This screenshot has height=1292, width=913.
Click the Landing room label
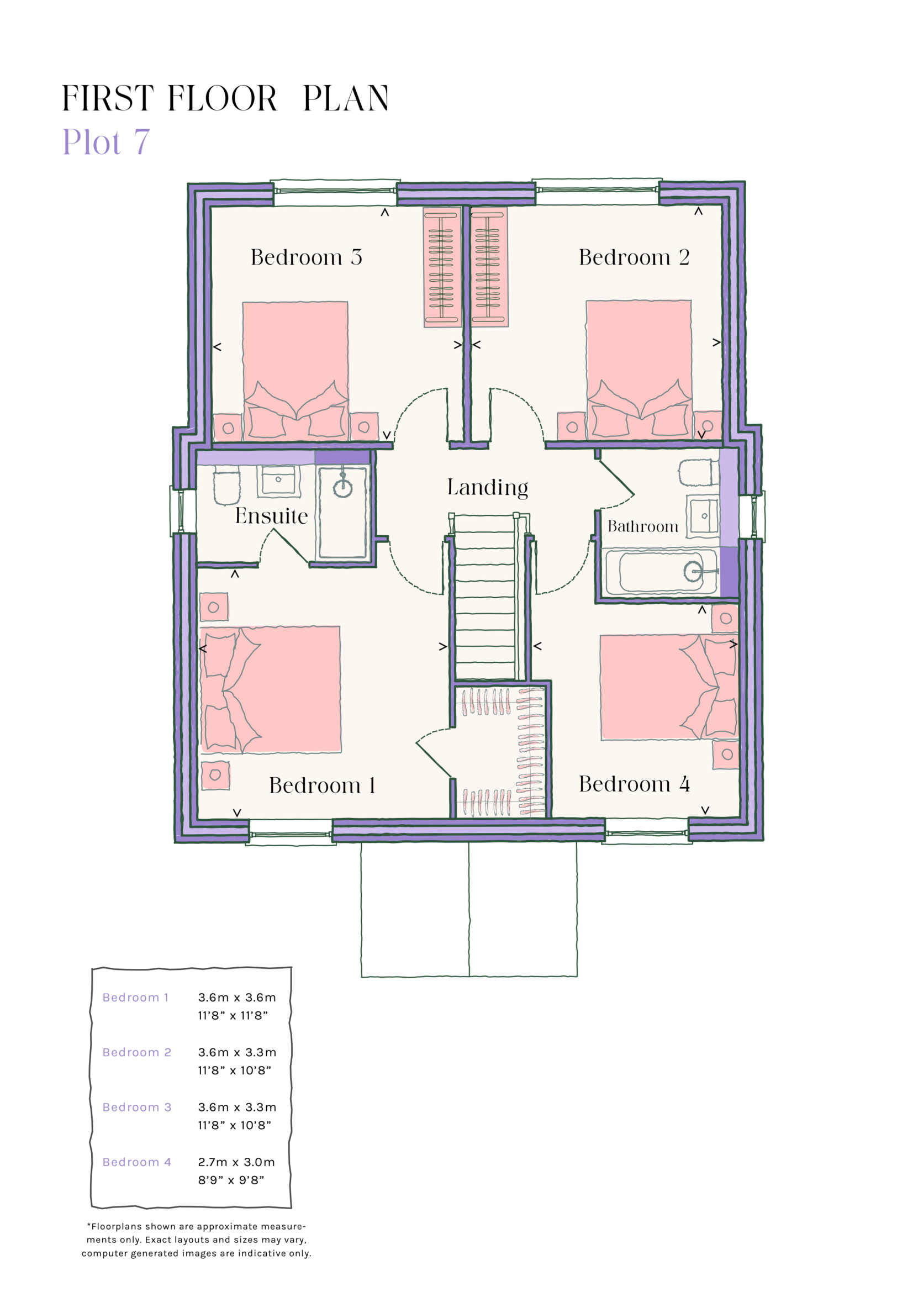pos(487,487)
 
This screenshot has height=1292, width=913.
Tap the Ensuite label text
pos(271,516)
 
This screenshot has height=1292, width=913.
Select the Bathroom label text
pos(642,527)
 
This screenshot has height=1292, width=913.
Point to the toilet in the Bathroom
pos(698,473)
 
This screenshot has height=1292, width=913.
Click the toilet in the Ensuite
pos(226,487)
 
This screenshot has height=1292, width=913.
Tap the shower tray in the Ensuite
pos(342,513)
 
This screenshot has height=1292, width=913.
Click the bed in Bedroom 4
pos(668,687)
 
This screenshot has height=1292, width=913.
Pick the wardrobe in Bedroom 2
pos(489,267)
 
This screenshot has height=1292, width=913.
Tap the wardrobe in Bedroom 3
pos(442,267)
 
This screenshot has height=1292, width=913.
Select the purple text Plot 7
pos(105,142)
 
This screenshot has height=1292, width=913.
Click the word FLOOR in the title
pos(222,98)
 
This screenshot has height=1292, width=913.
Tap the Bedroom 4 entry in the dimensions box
pos(136,1162)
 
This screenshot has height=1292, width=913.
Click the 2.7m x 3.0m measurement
pos(236,1162)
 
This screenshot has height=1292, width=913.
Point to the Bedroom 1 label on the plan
pos(322,785)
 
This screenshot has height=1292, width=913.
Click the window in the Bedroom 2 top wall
pos(597,191)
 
